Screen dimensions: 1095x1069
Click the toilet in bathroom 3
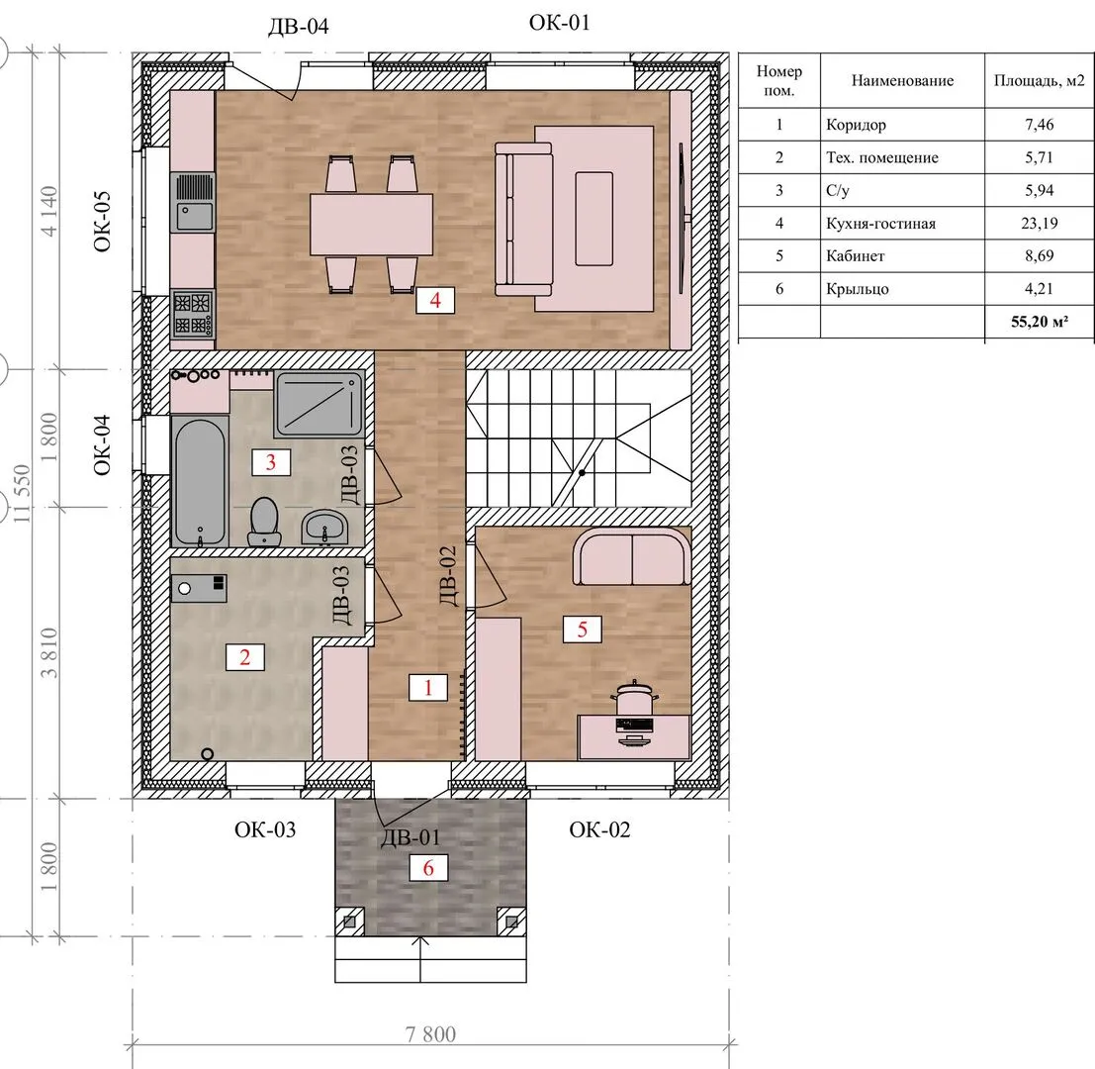pyautogui.click(x=264, y=522)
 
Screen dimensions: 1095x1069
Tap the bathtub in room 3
pyautogui.click(x=200, y=481)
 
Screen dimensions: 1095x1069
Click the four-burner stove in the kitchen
pyautogui.click(x=193, y=315)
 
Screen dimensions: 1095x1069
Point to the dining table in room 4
pyautogui.click(x=372, y=225)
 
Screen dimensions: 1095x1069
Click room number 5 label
pyautogui.click(x=582, y=630)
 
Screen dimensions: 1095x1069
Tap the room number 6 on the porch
pyautogui.click(x=428, y=868)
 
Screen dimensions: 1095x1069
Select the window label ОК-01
pyautogui.click(x=560, y=23)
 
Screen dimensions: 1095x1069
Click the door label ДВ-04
pyautogui.click(x=298, y=27)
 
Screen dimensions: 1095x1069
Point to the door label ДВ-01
pyautogui.click(x=410, y=837)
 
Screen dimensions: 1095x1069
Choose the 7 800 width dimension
pyautogui.click(x=431, y=1034)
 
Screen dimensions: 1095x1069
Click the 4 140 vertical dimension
pyautogui.click(x=48, y=211)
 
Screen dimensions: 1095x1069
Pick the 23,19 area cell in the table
pyautogui.click(x=1040, y=223)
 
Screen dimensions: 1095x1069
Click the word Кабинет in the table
pyautogui.click(x=856, y=255)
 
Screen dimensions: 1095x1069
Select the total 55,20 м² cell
pyautogui.click(x=1040, y=322)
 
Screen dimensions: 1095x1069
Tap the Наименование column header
pyautogui.click(x=902, y=80)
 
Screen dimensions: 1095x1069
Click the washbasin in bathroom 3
pyautogui.click(x=324, y=527)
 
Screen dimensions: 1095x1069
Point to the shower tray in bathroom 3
pyautogui.click(x=319, y=405)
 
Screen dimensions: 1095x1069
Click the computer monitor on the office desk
pyautogui.click(x=634, y=725)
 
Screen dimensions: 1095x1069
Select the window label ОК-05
pyautogui.click(x=102, y=222)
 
